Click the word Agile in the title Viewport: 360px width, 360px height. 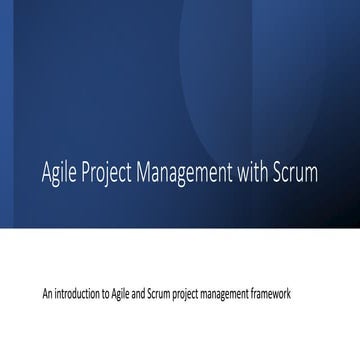coord(58,174)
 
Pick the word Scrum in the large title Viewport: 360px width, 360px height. coord(297,172)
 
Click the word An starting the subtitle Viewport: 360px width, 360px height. coord(47,296)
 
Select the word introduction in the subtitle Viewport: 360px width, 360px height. coord(76,296)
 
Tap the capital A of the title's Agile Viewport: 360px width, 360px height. coord(45,172)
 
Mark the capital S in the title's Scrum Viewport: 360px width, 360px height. coord(278,172)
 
